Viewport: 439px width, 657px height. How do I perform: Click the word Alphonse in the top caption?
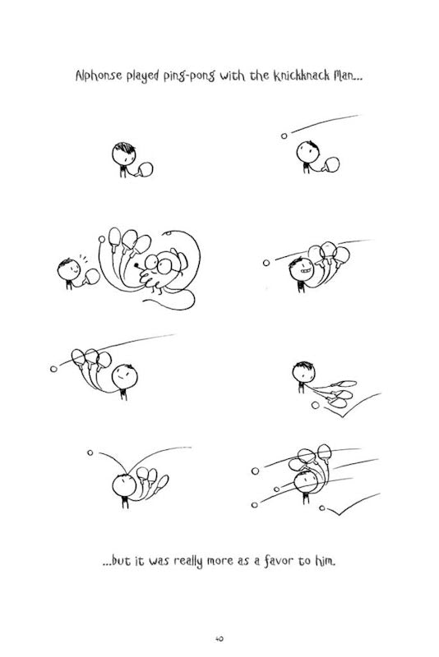click(x=99, y=76)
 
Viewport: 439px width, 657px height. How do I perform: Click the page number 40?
click(x=219, y=639)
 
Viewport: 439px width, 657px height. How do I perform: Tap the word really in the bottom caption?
click(x=187, y=562)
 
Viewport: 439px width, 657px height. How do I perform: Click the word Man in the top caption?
click(x=347, y=76)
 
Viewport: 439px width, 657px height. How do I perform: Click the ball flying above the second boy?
click(x=284, y=136)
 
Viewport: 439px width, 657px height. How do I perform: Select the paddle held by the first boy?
click(x=146, y=170)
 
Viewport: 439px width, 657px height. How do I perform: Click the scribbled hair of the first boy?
click(x=125, y=148)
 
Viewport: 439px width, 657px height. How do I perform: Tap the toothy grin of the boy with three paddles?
click(x=306, y=271)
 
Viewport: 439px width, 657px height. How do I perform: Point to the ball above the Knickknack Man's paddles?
click(x=101, y=239)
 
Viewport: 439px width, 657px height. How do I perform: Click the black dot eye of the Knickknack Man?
click(x=136, y=264)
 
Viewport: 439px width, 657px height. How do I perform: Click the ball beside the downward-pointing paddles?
click(x=316, y=405)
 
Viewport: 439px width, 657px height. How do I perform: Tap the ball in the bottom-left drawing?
click(x=90, y=453)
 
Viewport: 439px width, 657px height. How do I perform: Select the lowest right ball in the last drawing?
click(x=322, y=508)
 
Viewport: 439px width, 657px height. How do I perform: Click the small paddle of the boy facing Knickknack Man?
click(x=92, y=277)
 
